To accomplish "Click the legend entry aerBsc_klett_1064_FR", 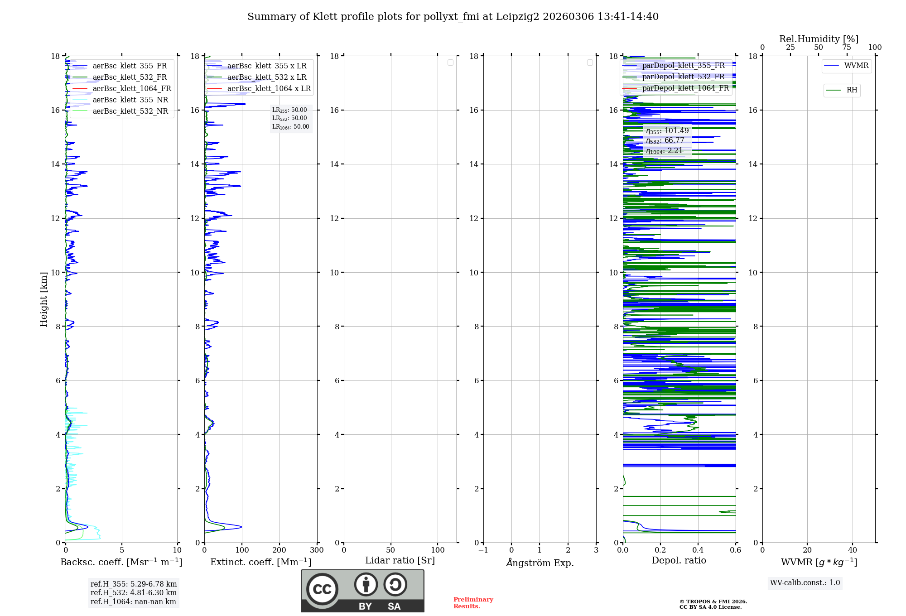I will click(x=131, y=89).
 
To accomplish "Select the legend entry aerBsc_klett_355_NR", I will click(x=130, y=100).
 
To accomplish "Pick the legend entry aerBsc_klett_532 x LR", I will click(x=266, y=77).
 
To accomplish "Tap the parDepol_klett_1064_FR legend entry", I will click(x=685, y=88).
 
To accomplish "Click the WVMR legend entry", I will click(x=856, y=66).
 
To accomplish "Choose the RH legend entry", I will click(x=851, y=90).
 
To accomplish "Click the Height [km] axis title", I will click(x=43, y=299).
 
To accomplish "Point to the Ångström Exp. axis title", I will click(x=540, y=563).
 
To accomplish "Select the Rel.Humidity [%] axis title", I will click(x=819, y=39).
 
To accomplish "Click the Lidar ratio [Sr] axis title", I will click(x=400, y=561).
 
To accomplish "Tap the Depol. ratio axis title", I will click(x=679, y=561).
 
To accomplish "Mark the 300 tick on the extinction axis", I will click(x=317, y=550).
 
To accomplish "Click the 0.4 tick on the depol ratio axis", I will click(x=698, y=550).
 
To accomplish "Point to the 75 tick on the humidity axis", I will click(x=846, y=48).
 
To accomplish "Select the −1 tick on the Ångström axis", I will click(x=483, y=550).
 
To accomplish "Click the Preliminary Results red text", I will click(x=473, y=603).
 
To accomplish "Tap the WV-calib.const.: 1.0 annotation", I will click(x=805, y=583).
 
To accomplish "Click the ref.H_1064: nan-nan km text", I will click(x=133, y=602).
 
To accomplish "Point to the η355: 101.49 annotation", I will click(x=667, y=131).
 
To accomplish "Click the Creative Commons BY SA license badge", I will click(x=362, y=591).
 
